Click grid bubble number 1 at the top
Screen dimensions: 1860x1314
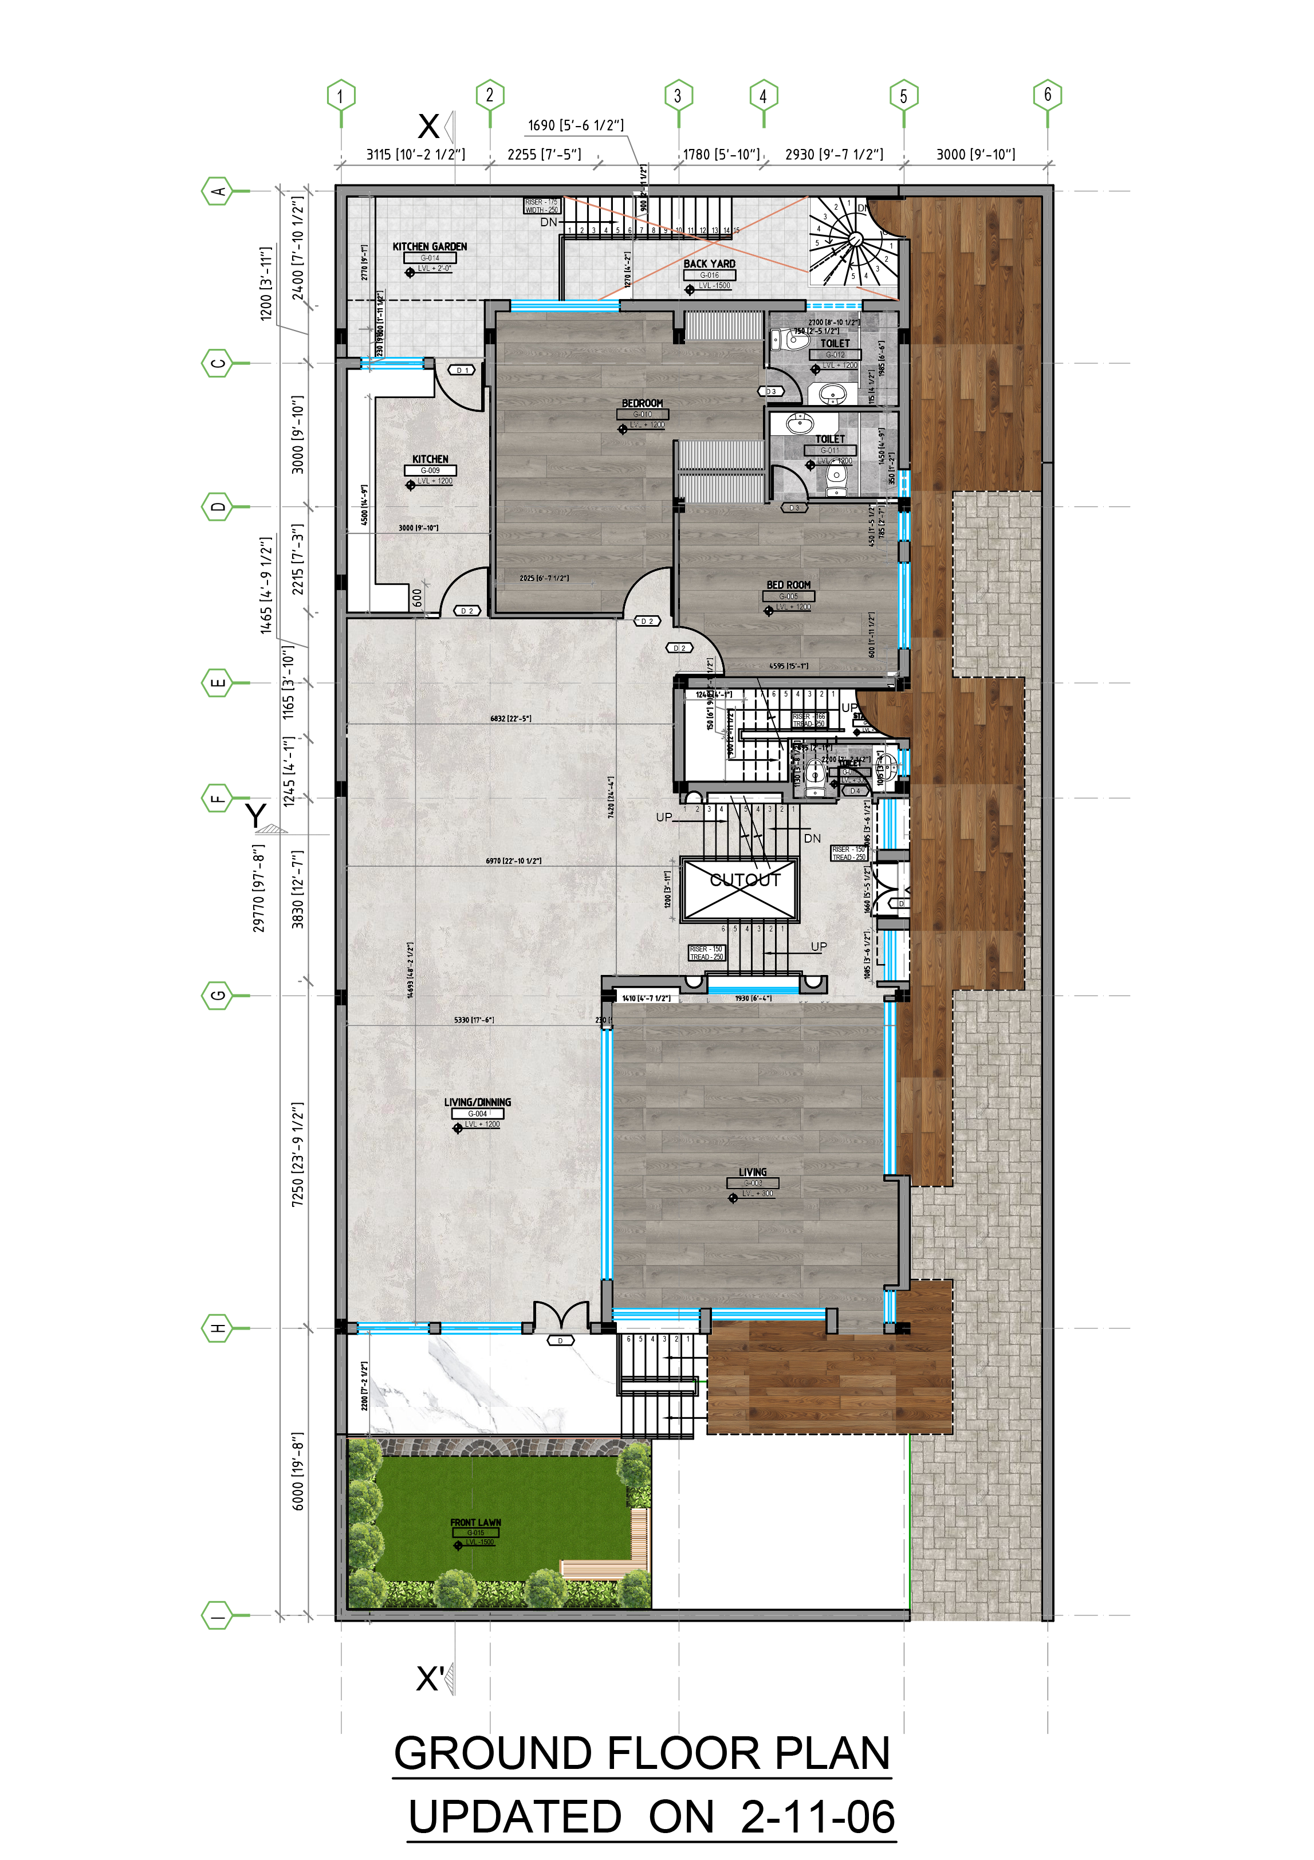[341, 96]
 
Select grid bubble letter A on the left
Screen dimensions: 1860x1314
[217, 191]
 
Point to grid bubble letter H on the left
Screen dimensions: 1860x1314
[217, 1328]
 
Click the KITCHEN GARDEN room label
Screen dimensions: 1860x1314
[430, 246]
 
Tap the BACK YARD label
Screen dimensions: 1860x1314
[709, 264]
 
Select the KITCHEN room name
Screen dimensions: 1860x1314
[430, 458]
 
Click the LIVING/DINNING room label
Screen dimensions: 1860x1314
[477, 1102]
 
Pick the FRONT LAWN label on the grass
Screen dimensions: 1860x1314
[475, 1522]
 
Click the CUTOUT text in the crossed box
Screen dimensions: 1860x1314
[745, 880]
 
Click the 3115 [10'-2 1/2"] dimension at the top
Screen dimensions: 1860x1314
[415, 154]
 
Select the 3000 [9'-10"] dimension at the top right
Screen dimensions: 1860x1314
[975, 154]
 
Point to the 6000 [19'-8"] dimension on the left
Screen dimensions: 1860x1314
[298, 1483]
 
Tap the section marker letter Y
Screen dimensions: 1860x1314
[256, 814]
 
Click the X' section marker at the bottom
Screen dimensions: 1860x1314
[430, 1678]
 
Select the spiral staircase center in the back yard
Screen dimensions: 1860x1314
[854, 239]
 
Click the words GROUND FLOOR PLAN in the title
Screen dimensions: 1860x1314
[642, 1752]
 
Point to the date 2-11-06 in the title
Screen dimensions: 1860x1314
[817, 1816]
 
